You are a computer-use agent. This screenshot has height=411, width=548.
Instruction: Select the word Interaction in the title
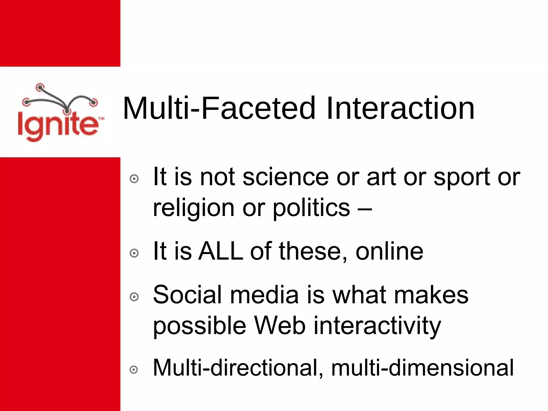400,108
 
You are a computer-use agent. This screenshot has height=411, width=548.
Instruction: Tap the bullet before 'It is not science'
134,179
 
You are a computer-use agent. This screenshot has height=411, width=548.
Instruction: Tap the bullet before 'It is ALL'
134,253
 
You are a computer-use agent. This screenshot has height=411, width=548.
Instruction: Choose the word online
389,252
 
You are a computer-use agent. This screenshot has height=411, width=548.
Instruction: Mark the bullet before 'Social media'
134,297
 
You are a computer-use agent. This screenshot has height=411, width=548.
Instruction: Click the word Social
187,295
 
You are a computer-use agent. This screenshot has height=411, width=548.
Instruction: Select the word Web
280,326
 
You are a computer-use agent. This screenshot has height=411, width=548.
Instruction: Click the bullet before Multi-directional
134,370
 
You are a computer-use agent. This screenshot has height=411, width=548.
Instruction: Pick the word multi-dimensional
422,368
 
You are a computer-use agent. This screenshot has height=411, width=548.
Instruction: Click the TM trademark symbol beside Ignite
101,118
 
